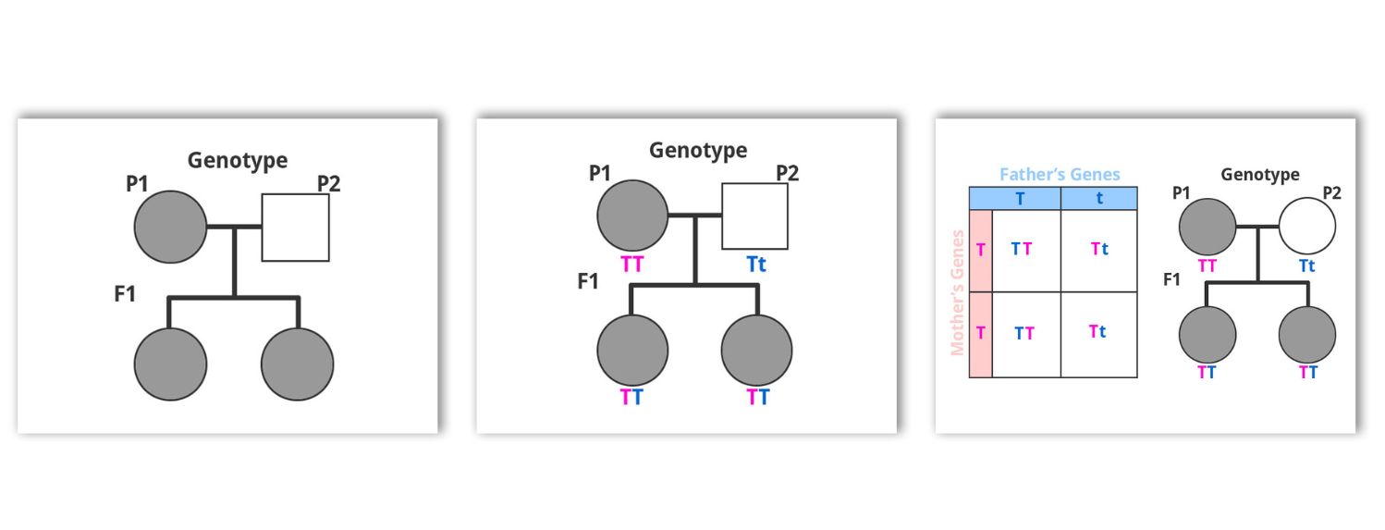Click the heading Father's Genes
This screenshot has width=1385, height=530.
[1060, 174]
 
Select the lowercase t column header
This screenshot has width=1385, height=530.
[1098, 198]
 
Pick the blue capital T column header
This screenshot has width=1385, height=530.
[1020, 198]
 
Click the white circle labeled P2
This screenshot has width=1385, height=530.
[1307, 226]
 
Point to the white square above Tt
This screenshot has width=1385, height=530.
[754, 216]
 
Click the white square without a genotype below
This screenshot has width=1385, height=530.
[296, 228]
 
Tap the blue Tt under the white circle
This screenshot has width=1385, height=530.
[1307, 265]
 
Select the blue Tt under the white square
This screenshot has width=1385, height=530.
[755, 264]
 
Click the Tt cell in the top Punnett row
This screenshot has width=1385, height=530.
[1098, 248]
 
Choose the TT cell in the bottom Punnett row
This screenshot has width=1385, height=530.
[1023, 333]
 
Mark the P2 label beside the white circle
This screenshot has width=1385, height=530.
[1332, 192]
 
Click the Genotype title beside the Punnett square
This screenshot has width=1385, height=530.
[1259, 174]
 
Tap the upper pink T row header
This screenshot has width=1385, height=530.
[981, 248]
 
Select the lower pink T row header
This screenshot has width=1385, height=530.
[981, 333]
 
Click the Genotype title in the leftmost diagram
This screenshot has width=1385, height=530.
[238, 161]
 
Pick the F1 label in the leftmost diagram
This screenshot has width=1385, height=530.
[124, 295]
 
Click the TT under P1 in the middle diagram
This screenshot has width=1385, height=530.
[631, 264]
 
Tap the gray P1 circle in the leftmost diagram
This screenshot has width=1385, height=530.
[170, 228]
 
